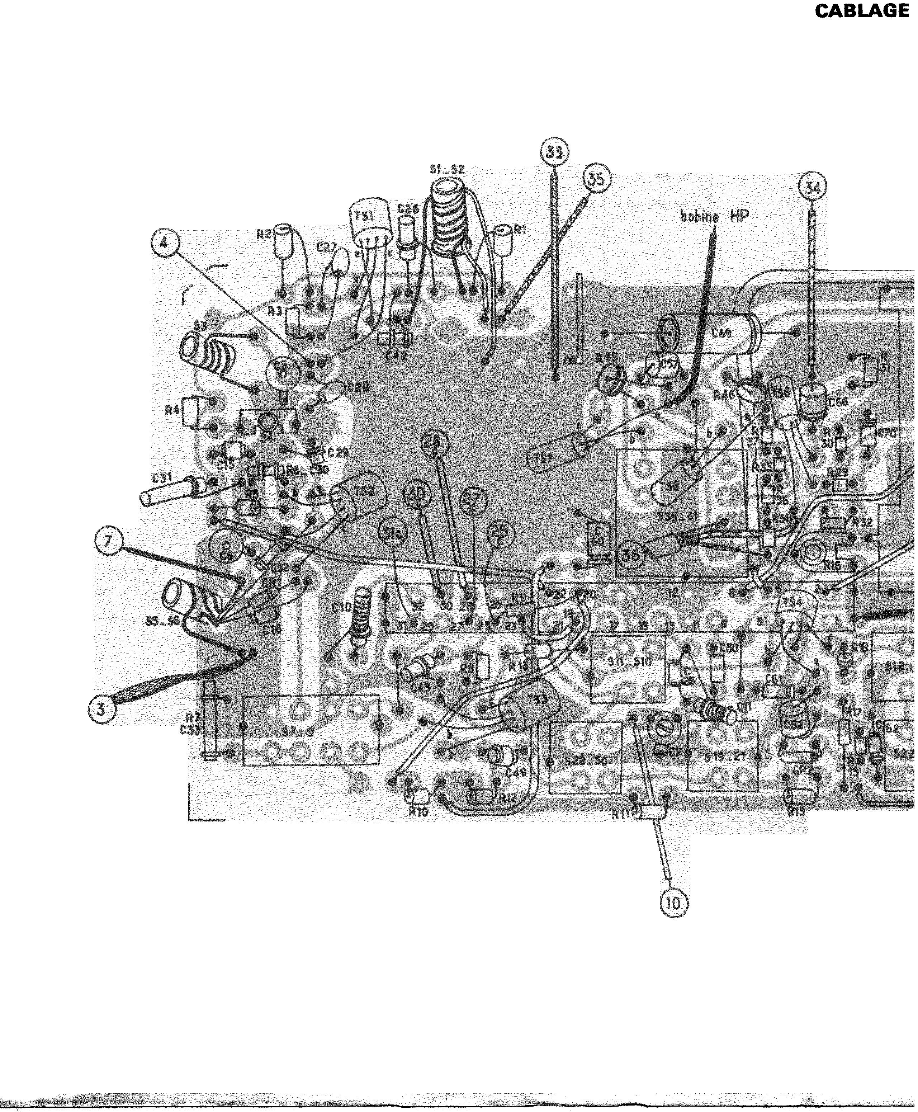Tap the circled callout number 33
point(554,152)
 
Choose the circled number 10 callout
point(673,903)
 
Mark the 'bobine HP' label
point(714,216)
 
